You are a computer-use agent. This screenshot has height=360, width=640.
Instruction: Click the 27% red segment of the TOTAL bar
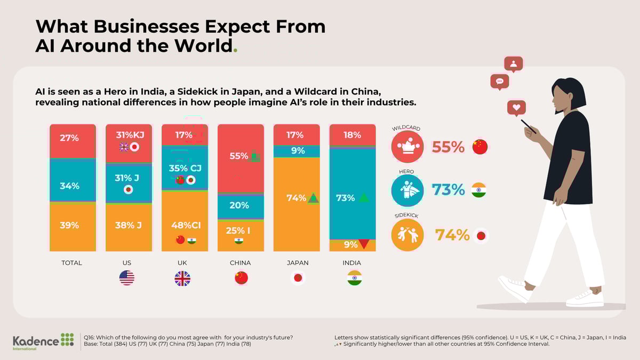coord(73,141)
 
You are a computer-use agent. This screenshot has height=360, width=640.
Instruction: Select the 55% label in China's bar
coord(239,156)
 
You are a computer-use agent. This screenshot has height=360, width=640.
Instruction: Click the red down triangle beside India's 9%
coord(364,244)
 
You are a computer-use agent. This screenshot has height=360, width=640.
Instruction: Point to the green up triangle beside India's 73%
coord(364,198)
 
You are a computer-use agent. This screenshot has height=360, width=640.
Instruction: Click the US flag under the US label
coord(127,278)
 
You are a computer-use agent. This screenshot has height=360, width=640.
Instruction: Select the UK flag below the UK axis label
coord(182,278)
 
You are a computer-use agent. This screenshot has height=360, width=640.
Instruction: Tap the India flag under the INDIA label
coord(354,278)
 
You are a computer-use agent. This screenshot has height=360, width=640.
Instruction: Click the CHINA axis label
coord(240,263)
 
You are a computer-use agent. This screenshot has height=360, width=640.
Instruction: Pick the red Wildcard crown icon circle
coord(407,147)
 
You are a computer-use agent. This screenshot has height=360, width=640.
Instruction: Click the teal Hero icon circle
coord(407,190)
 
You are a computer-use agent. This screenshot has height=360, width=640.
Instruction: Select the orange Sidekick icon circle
coord(407,235)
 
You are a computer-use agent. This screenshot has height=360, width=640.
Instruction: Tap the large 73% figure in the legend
coord(449,189)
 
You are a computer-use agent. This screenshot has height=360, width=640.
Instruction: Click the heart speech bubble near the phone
coord(516,108)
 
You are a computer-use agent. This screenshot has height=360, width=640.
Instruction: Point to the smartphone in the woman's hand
coord(528,126)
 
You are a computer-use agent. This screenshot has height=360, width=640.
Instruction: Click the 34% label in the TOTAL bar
coord(69,186)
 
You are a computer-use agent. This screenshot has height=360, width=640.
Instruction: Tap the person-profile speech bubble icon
coord(513,64)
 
